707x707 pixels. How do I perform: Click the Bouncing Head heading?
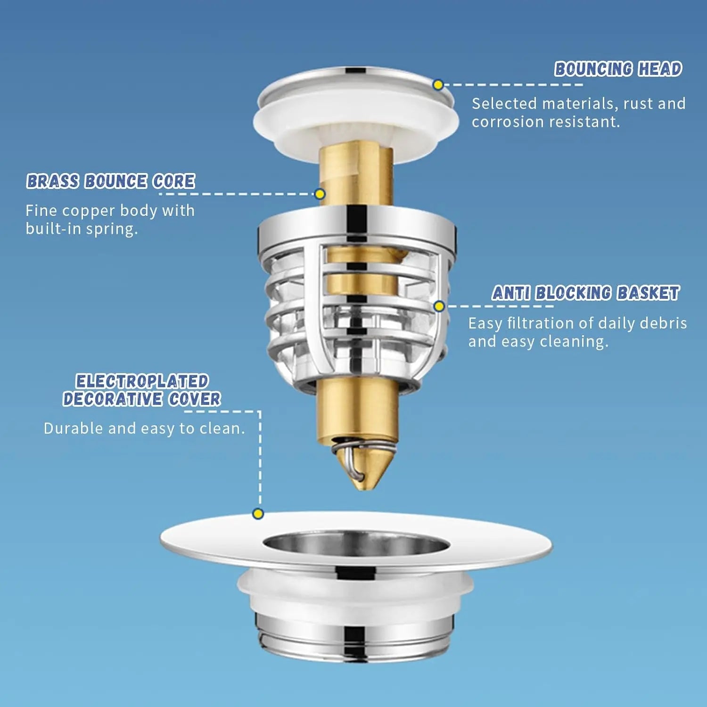click(618, 69)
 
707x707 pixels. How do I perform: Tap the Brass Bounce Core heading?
click(111, 181)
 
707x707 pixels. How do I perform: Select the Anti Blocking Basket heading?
click(585, 293)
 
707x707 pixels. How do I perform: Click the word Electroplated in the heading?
click(142, 381)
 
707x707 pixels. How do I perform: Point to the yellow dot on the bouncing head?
click(438, 85)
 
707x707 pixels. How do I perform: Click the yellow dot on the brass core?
click(320, 194)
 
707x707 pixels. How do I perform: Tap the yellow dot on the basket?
click(439, 306)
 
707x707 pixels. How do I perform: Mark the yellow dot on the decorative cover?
click(258, 513)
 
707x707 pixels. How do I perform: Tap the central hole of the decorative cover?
click(356, 543)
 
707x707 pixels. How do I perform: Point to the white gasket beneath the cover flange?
click(355, 592)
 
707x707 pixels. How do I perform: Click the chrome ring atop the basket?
click(357, 228)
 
